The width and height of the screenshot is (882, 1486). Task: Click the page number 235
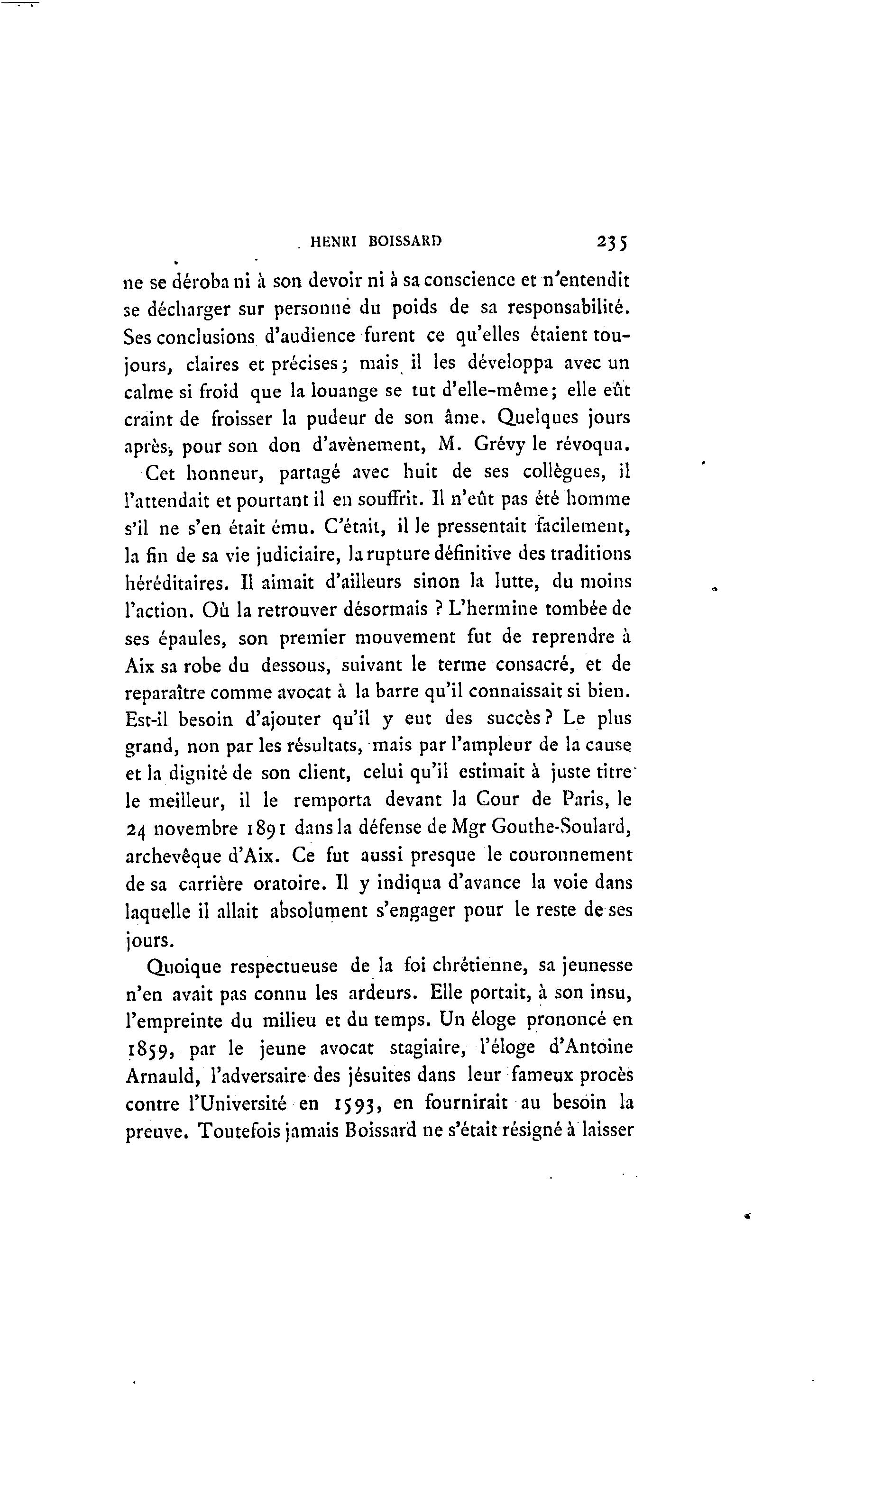coord(612,242)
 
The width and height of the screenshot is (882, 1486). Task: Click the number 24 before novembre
coord(136,829)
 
